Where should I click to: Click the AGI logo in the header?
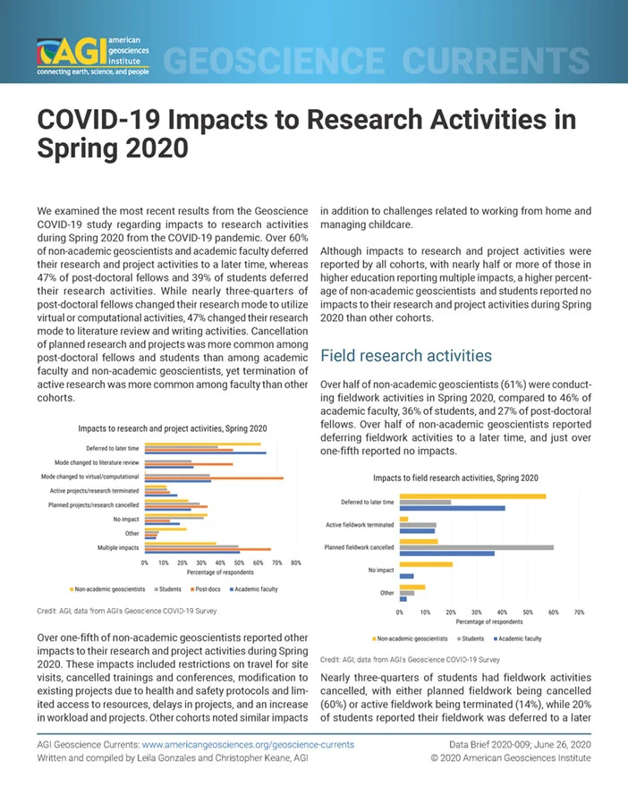(93, 56)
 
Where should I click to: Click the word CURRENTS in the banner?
(496, 60)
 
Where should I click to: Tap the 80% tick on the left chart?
(296, 562)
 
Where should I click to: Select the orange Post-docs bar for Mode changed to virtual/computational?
(214, 478)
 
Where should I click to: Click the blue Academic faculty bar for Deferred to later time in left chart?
(206, 453)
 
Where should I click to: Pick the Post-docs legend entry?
(206, 588)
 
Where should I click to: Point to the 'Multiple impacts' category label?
(118, 547)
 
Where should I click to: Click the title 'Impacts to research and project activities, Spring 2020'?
(173, 428)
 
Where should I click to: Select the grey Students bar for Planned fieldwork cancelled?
(477, 547)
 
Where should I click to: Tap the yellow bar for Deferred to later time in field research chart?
(472, 496)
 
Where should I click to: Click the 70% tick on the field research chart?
(579, 612)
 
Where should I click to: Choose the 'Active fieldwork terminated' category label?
(360, 525)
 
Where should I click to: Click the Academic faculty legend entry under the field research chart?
(518, 639)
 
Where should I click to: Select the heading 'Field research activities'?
(406, 356)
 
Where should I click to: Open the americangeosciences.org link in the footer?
(248, 745)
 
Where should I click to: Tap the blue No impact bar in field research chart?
(407, 576)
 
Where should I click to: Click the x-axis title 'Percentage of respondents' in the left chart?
(220, 572)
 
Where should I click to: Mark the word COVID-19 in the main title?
(98, 119)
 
